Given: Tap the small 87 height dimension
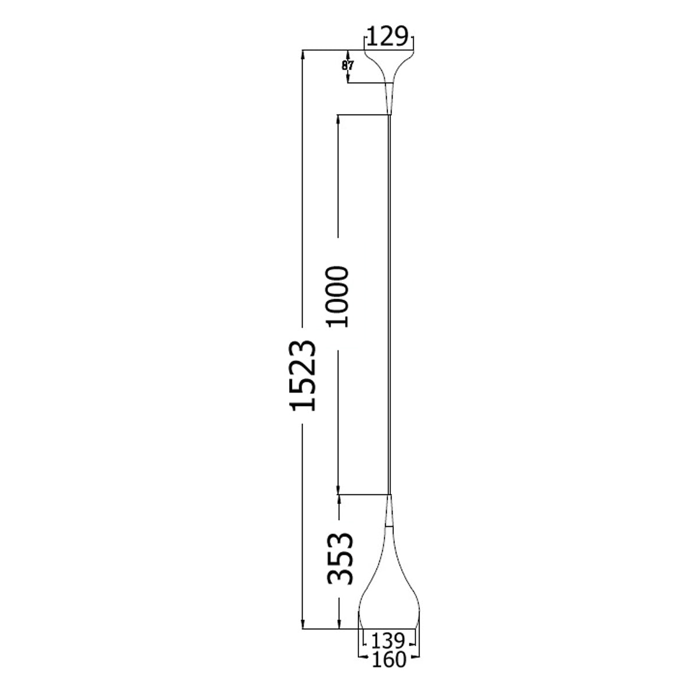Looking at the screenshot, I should pos(347,66).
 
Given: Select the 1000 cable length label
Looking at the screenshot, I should pos(337,297).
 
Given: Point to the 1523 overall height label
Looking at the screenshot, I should pos(304,375).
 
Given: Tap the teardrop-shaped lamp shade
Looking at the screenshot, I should pos(389,587).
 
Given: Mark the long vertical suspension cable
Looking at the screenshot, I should pos(390,302).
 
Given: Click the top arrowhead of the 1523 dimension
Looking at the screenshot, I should pos(303,55).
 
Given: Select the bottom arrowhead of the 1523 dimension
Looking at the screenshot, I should pos(303,625).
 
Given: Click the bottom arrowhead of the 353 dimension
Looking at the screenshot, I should pos(339,625).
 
